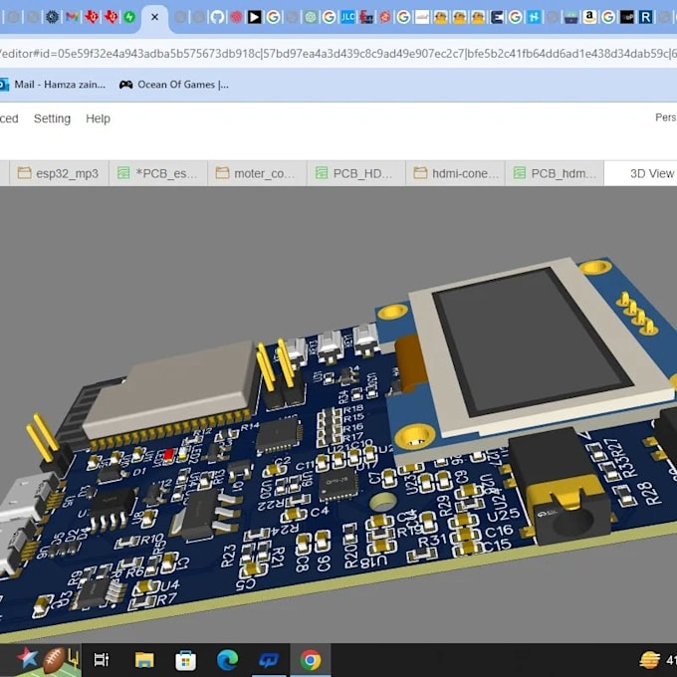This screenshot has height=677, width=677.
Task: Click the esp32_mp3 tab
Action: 59,173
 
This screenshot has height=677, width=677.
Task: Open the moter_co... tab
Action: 257,173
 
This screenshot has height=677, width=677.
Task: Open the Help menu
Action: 98,118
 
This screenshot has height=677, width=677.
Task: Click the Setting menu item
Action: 52,118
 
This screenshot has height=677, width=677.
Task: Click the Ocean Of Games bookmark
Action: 173,85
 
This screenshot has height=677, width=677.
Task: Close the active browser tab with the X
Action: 154,17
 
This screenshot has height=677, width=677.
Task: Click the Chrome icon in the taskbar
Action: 311,659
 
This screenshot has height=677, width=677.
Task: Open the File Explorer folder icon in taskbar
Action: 144,659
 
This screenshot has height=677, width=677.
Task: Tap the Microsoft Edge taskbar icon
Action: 228,659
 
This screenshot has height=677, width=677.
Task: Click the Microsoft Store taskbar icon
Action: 186,659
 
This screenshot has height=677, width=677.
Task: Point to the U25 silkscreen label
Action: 506,515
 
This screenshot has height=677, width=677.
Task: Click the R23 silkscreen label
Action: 229,555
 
